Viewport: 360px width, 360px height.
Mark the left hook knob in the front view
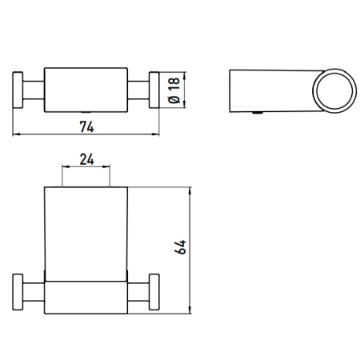coord(18,294)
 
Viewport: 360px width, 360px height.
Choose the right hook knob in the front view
coord(156,294)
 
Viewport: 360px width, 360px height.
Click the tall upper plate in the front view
coord(86,232)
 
